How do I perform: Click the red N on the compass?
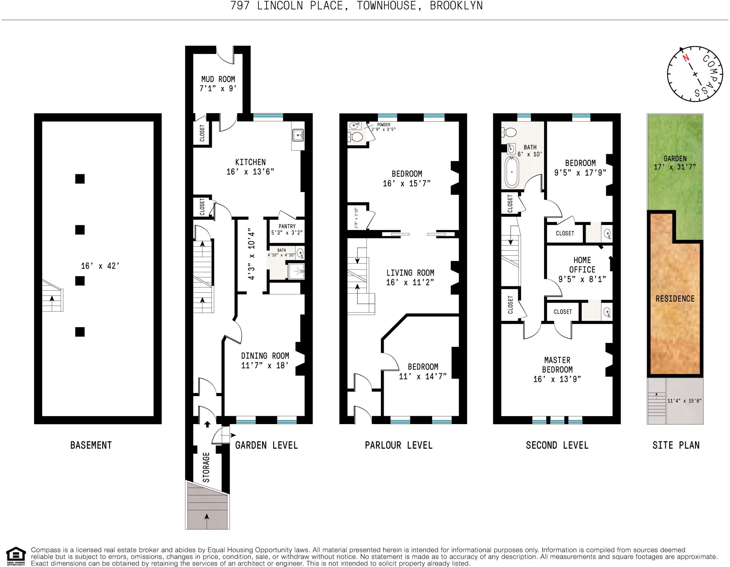point(686,58)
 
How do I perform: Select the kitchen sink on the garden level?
point(298,135)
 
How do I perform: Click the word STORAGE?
point(206,467)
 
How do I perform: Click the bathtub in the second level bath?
point(512,172)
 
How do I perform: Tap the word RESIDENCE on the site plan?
point(675,299)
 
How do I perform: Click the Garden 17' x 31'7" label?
point(675,163)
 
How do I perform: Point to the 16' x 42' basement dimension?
point(100,266)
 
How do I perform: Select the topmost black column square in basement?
point(80,179)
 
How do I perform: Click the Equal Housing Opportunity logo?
point(16,556)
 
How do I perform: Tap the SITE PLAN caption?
point(676,445)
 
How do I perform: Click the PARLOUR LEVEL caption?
point(399,445)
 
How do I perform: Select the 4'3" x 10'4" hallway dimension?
point(251,254)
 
